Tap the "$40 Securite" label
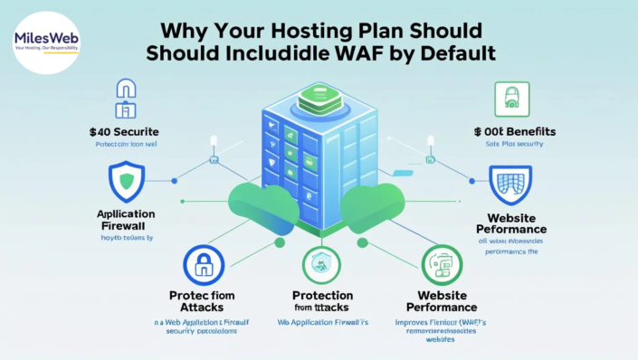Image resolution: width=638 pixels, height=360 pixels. [x=124, y=132]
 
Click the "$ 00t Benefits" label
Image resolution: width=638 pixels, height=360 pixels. [x=514, y=132]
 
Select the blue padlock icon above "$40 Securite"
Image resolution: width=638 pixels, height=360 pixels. [x=125, y=98]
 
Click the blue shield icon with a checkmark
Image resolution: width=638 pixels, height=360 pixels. [x=125, y=181]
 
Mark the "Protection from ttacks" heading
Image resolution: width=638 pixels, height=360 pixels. [x=322, y=302]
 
